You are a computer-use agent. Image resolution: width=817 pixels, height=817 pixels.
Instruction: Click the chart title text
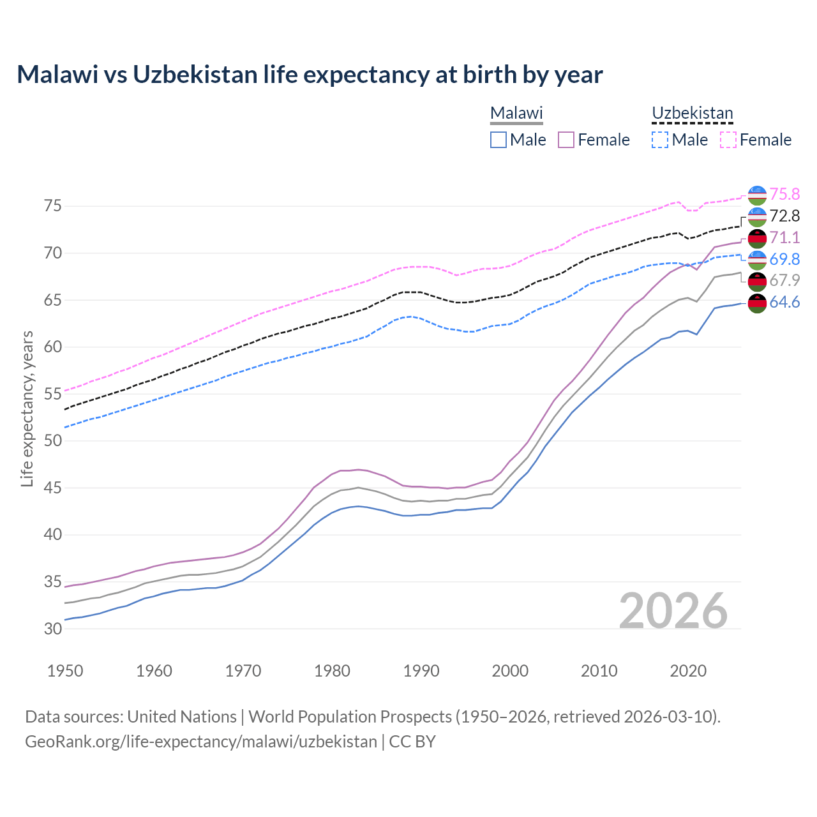[310, 75]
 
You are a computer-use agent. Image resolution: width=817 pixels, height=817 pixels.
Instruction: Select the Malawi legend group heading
[516, 114]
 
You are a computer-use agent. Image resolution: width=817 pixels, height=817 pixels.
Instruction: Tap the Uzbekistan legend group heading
[692, 114]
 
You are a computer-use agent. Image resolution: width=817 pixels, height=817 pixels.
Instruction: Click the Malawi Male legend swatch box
[498, 140]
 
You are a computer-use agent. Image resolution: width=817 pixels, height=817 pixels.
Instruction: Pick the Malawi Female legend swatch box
[566, 140]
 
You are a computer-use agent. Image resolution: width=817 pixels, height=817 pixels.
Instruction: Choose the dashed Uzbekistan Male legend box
[660, 140]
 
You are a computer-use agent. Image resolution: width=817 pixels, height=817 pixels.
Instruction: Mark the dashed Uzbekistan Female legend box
[728, 140]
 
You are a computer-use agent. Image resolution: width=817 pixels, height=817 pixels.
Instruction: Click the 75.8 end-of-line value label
[784, 194]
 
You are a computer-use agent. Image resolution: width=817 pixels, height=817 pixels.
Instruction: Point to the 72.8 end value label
[784, 216]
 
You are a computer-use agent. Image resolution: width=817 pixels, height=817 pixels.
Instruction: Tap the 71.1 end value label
[784, 237]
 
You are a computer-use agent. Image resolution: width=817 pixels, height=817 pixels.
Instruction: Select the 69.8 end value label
[784, 259]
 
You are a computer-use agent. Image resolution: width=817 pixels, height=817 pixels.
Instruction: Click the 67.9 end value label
[784, 280]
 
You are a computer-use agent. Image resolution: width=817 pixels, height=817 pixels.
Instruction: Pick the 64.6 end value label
[784, 302]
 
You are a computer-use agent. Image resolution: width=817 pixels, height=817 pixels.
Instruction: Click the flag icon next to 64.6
[757, 303]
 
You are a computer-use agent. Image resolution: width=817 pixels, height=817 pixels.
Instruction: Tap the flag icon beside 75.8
[757, 195]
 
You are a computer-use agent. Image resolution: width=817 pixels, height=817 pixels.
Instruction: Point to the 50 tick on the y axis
[53, 441]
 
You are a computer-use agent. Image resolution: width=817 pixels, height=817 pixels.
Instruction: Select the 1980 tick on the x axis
[332, 671]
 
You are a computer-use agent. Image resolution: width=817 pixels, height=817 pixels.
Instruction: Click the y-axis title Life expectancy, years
[27, 408]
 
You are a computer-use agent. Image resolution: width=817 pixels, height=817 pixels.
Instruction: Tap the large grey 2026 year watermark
[673, 611]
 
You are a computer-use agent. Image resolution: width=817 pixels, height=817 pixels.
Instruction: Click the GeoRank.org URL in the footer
[201, 742]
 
